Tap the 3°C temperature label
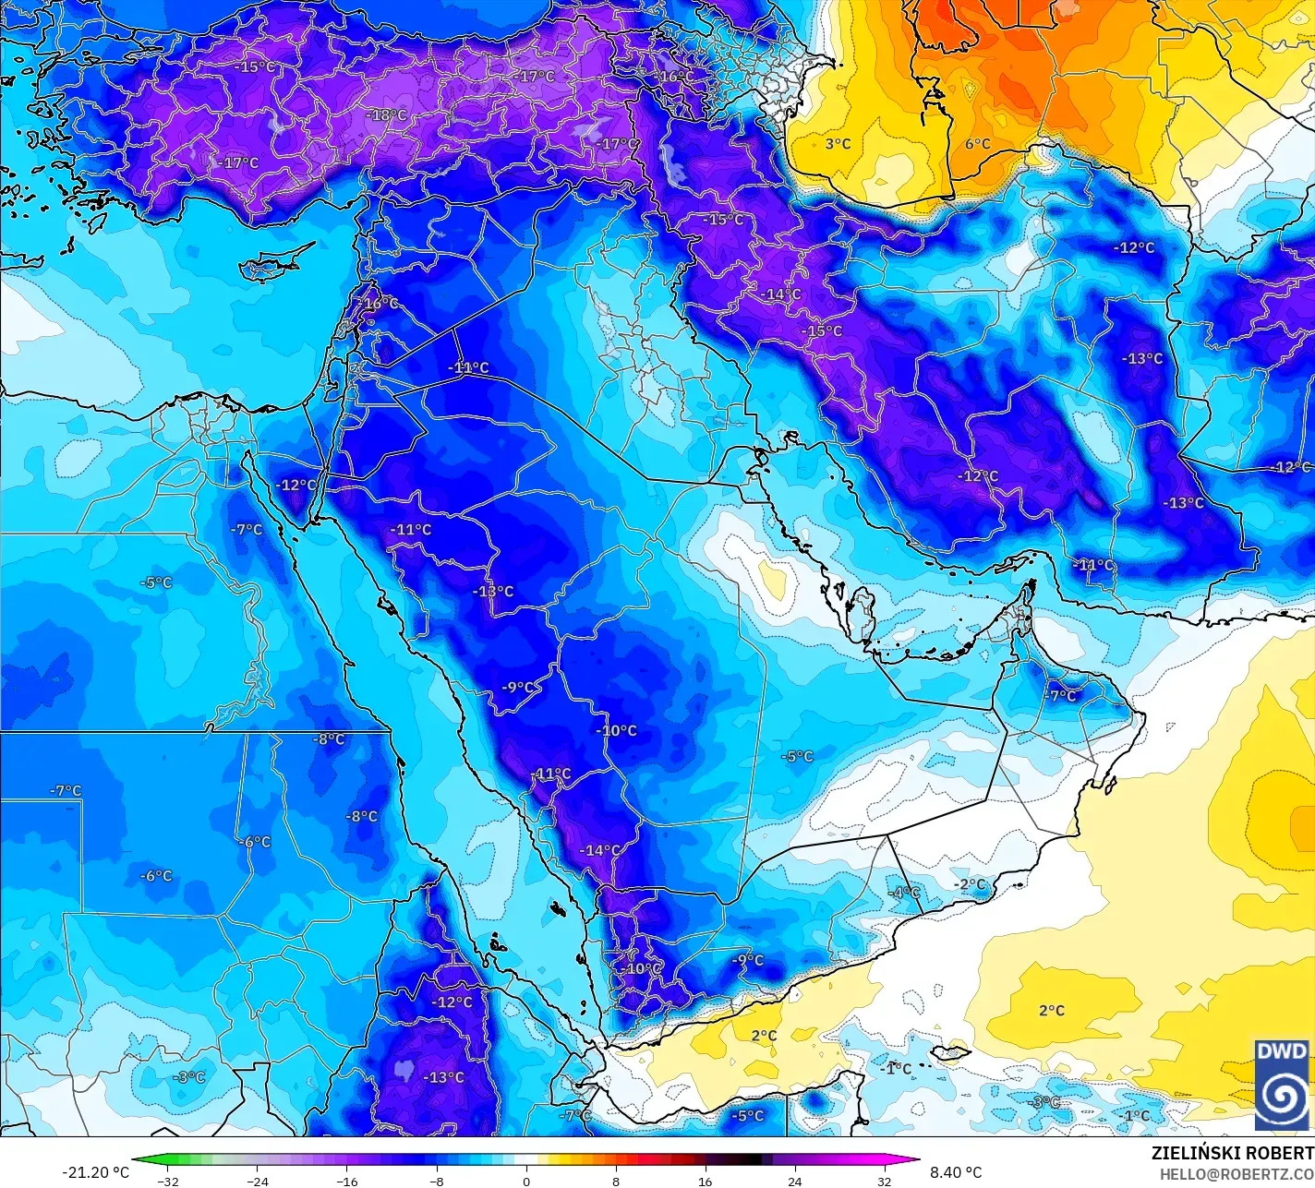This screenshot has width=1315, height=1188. [x=838, y=143]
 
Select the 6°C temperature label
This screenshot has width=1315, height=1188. [x=977, y=143]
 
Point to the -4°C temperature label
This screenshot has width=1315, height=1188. [x=905, y=892]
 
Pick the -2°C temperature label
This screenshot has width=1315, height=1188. [x=970, y=883]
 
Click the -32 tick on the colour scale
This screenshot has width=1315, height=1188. [x=168, y=1181]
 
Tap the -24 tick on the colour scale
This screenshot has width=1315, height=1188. [x=258, y=1181]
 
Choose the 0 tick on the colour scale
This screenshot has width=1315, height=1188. [x=526, y=1181]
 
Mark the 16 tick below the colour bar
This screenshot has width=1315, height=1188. [x=706, y=1181]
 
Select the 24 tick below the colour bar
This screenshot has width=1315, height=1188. [x=795, y=1181]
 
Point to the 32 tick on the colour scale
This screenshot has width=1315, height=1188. [x=885, y=1181]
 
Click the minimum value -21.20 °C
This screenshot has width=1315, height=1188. [x=96, y=1172]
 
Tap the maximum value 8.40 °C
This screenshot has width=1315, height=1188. [x=956, y=1172]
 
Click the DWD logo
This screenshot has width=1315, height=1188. [x=1282, y=1084]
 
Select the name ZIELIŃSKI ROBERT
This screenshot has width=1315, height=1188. [x=1232, y=1153]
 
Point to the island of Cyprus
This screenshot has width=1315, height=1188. [x=268, y=266]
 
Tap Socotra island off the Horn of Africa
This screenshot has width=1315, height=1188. [x=948, y=1052]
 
